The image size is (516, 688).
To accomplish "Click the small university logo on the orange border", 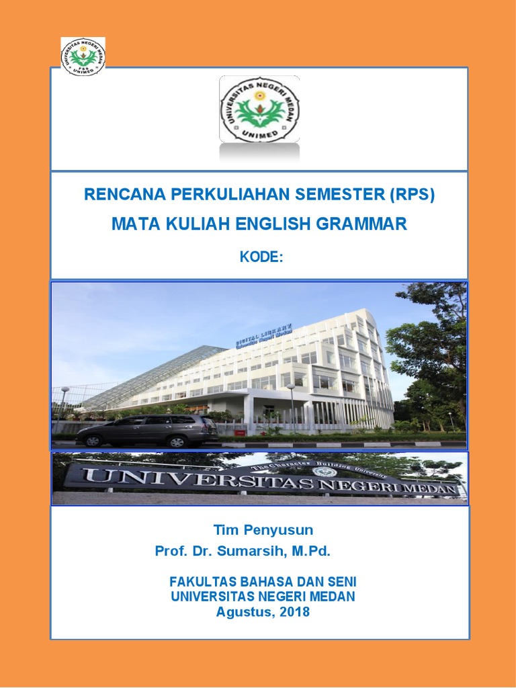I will tap(83, 56).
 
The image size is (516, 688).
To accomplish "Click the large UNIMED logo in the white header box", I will tap(260, 109).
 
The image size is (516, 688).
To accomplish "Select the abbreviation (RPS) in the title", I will tap(412, 195).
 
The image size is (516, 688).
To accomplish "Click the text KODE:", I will tap(259, 257).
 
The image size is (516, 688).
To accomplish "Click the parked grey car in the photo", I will tap(147, 429).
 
